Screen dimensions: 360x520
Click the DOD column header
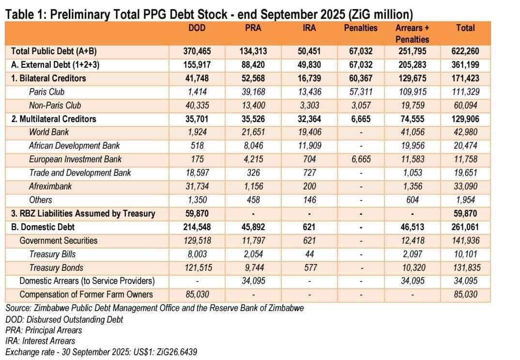[x=197, y=28]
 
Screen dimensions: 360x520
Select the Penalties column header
[x=360, y=28]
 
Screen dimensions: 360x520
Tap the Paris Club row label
[x=46, y=92]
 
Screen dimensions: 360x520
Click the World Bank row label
[x=49, y=132]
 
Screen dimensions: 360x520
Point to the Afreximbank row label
[x=50, y=186]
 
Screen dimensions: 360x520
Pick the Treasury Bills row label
[x=52, y=254]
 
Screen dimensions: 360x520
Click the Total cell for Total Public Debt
[x=465, y=51]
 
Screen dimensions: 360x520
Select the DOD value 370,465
[x=197, y=51]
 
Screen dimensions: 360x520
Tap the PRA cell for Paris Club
[x=253, y=92]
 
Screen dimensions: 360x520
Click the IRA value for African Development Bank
[x=309, y=145]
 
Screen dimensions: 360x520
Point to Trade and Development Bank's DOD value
[x=197, y=172]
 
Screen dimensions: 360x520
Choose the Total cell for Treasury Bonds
[x=465, y=267]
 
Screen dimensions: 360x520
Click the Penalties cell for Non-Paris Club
[x=360, y=105]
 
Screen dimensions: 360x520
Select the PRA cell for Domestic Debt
[x=253, y=227]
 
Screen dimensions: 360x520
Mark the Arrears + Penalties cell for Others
[x=413, y=200]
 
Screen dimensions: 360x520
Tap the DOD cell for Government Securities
[x=197, y=240]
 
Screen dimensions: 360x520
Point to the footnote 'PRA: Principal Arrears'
[x=44, y=330]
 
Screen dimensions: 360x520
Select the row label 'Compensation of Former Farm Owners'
[x=86, y=294]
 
